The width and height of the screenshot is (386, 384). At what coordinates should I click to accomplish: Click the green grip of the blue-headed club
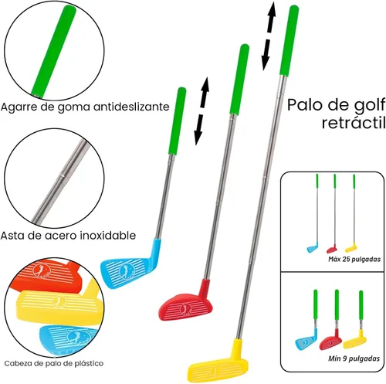click(178, 121)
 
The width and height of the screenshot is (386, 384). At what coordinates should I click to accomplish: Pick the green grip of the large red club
click(239, 80)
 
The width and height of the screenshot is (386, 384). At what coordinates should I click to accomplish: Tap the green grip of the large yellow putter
click(289, 40)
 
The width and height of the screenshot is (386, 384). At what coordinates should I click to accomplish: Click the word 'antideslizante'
click(131, 107)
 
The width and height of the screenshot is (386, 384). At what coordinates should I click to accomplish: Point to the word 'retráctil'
click(354, 123)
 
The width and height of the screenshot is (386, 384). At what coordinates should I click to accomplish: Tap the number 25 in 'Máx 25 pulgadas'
click(346, 259)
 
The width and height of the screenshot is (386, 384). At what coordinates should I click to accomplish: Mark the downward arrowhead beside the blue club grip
click(198, 138)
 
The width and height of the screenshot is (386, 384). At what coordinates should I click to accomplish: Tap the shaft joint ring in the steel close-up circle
click(62, 177)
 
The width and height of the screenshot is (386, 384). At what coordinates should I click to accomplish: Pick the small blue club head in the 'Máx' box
click(313, 248)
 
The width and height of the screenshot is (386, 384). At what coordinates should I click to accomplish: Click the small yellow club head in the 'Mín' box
click(356, 340)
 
